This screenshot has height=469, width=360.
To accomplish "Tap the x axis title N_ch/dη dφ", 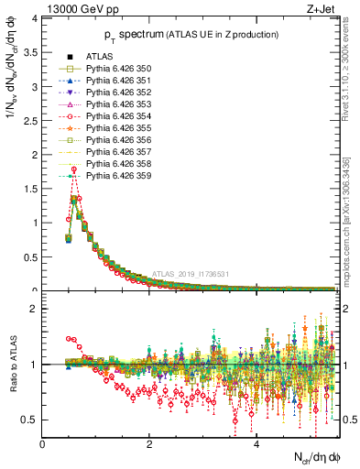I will pos(312,457).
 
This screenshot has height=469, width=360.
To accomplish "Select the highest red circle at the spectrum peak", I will pos(73,169).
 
